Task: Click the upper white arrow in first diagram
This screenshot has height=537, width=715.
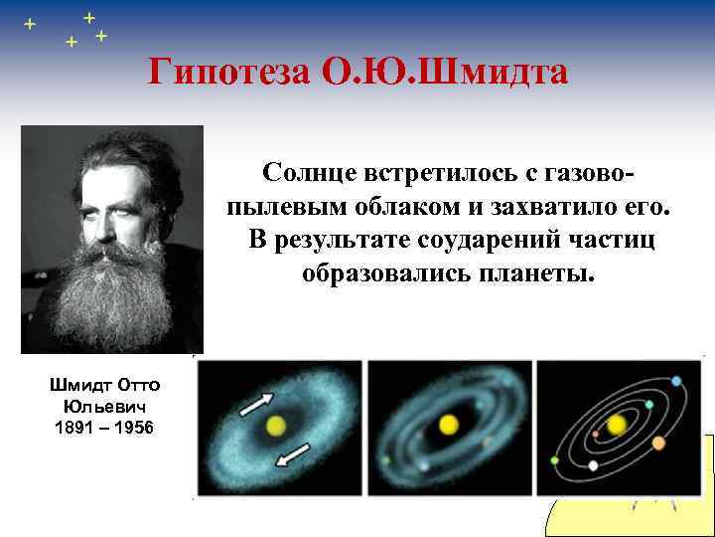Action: click(x=256, y=403)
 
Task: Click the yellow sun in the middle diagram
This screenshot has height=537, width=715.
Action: click(x=448, y=425)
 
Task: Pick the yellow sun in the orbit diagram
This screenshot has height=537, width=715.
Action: click(x=617, y=426)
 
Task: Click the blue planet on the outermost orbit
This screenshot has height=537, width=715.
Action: click(x=676, y=382)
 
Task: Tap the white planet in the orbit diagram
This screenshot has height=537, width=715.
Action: click(x=593, y=464)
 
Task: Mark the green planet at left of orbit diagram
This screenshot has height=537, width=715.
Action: click(x=554, y=460)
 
